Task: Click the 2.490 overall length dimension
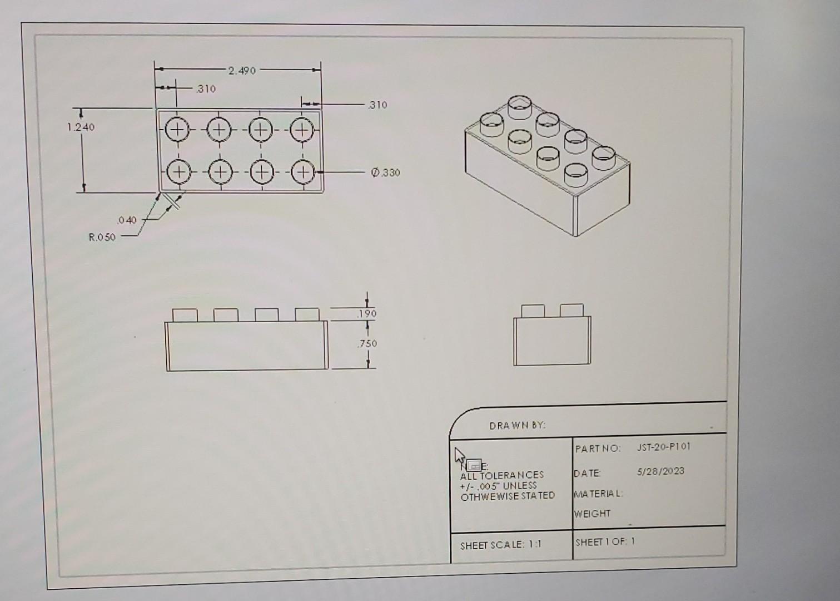tap(241, 71)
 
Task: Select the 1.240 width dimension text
tap(81, 127)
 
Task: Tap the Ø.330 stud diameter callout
tap(386, 173)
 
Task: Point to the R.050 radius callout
tap(102, 237)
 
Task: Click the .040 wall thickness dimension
tap(127, 220)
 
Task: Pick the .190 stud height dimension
tap(367, 314)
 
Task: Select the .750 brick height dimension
tap(367, 344)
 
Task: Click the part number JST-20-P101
tap(663, 447)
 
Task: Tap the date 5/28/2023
tap(660, 471)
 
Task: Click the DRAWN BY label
tap(517, 426)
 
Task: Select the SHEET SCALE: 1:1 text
tap(500, 545)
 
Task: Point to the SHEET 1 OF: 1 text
tap(605, 541)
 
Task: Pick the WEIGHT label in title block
tap(593, 514)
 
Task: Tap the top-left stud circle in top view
tap(176, 130)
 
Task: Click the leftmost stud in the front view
tap(185, 315)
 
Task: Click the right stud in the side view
tap(571, 311)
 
